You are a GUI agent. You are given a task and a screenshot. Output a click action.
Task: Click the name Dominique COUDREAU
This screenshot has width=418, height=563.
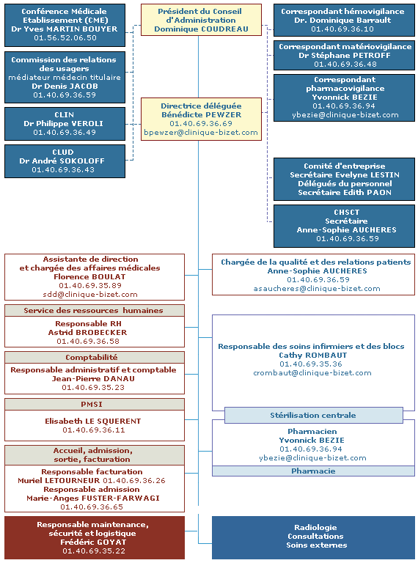pos(201,29)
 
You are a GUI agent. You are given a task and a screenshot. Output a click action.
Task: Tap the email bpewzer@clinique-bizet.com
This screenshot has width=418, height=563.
pos(201,132)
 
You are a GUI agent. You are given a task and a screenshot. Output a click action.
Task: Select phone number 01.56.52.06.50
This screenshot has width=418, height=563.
pos(65,37)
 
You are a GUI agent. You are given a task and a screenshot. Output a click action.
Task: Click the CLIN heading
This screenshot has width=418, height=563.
pos(65,114)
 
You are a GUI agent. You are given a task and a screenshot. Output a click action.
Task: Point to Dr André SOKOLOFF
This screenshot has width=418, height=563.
pos(62,161)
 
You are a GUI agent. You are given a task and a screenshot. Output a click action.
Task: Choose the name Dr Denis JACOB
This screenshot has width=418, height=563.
pos(65,87)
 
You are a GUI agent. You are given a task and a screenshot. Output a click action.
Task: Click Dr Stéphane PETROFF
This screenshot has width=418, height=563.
pos(345,55)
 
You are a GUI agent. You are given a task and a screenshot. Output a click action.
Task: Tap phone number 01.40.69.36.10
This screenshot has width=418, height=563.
pos(342,29)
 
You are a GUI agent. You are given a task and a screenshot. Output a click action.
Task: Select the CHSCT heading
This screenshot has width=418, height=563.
pos(347,212)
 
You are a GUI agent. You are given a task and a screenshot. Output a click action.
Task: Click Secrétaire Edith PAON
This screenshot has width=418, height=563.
pos(345,193)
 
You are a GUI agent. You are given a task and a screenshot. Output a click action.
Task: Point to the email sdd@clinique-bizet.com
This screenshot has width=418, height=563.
pos(90,295)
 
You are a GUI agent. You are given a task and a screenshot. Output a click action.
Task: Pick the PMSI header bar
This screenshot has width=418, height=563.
pos(95,405)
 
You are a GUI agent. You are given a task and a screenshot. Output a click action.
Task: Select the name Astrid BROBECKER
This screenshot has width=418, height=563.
pos(87,333)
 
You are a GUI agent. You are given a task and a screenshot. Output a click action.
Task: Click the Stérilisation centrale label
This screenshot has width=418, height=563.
pos(313,416)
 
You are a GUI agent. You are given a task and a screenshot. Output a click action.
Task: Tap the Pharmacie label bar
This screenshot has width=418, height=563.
pos(313,471)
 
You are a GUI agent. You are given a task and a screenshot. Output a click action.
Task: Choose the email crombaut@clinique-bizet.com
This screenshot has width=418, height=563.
pos(312,372)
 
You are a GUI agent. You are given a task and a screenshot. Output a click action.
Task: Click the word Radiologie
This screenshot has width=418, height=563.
pos(315,528)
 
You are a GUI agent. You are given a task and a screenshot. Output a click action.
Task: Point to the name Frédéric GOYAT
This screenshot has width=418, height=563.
pos(93,542)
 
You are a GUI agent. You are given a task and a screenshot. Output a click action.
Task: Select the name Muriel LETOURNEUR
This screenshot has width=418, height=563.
pos(59,480)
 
